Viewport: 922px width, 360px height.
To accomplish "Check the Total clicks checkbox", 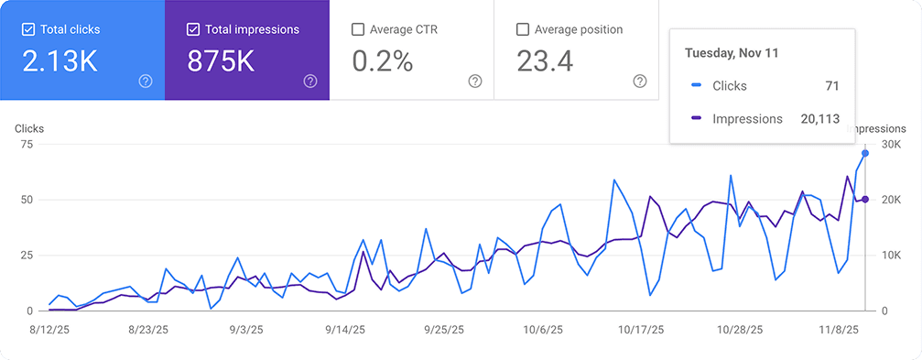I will (x=28, y=29).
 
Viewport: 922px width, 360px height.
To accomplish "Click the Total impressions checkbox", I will (x=193, y=29).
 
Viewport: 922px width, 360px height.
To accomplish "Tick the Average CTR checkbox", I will (x=358, y=29).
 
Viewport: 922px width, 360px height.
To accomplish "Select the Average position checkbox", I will (x=523, y=29).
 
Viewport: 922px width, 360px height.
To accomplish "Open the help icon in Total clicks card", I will (x=145, y=82).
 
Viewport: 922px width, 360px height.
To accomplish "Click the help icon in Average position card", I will (x=640, y=82).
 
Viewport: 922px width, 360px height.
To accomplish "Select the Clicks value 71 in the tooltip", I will (x=831, y=86).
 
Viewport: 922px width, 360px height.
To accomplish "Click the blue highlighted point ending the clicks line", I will (x=865, y=154).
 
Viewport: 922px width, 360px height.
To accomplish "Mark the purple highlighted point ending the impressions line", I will (x=865, y=200).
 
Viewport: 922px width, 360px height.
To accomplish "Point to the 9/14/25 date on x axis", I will (x=344, y=330).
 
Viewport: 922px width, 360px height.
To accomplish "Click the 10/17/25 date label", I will (x=639, y=330).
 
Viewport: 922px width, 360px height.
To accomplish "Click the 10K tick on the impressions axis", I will (x=889, y=256).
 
